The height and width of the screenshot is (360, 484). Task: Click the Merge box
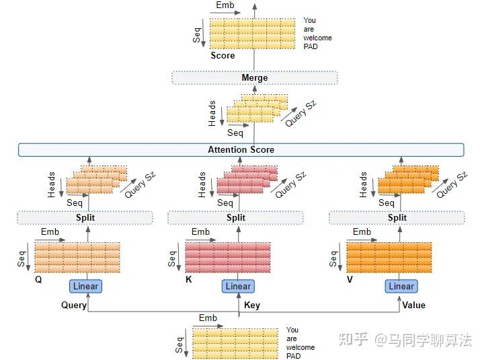pyautogui.click(x=254, y=78)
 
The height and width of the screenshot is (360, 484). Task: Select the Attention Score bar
pyautogui.click(x=241, y=149)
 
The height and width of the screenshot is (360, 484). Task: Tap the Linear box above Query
pyautogui.click(x=85, y=286)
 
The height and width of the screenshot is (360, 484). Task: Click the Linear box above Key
pyautogui.click(x=238, y=286)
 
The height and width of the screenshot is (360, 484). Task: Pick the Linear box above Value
pyautogui.click(x=401, y=286)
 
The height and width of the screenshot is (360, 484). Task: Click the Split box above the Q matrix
pyautogui.click(x=85, y=217)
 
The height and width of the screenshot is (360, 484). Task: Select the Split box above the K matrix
pyautogui.click(x=236, y=217)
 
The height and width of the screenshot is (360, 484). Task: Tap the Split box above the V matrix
pyautogui.click(x=397, y=217)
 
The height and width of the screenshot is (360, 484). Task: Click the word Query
pyautogui.click(x=73, y=305)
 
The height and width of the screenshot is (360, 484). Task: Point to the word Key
pyautogui.click(x=252, y=305)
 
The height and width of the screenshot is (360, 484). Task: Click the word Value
pyautogui.click(x=413, y=305)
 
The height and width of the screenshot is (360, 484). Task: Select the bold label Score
pyautogui.click(x=223, y=56)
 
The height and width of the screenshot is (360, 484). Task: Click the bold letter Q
pyautogui.click(x=38, y=277)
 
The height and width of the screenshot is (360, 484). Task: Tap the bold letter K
pyautogui.click(x=189, y=277)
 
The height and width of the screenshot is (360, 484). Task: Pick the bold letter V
pyautogui.click(x=350, y=277)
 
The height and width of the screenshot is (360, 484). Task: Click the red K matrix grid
pyautogui.click(x=228, y=257)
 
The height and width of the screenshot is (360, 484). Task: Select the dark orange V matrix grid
pyautogui.click(x=389, y=257)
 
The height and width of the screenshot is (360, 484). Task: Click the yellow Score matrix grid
pyautogui.click(x=253, y=32)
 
